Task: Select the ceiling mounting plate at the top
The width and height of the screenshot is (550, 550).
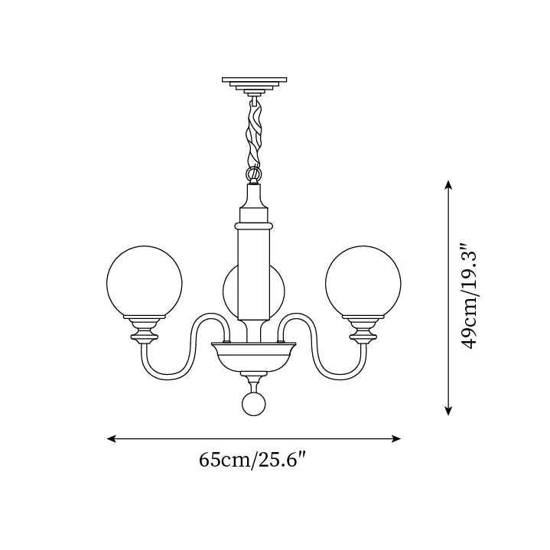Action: click(254, 82)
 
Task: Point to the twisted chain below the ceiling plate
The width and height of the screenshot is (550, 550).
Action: click(254, 134)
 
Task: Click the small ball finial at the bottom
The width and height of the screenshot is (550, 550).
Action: click(254, 405)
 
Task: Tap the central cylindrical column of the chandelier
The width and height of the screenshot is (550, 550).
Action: click(254, 275)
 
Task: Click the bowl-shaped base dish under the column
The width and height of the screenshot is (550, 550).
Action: click(254, 355)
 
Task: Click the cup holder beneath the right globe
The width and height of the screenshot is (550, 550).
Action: click(363, 330)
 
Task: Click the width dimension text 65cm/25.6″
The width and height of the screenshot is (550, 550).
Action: click(252, 461)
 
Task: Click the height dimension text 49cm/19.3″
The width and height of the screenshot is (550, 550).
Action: click(468, 297)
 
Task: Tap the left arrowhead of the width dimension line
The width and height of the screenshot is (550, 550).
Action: click(111, 439)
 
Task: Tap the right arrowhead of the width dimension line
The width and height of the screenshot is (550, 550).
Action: click(396, 439)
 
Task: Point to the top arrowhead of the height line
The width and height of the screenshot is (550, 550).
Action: click(449, 184)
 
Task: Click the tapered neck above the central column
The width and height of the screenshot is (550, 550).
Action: click(254, 203)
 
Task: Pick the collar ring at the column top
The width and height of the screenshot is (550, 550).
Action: click(254, 226)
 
